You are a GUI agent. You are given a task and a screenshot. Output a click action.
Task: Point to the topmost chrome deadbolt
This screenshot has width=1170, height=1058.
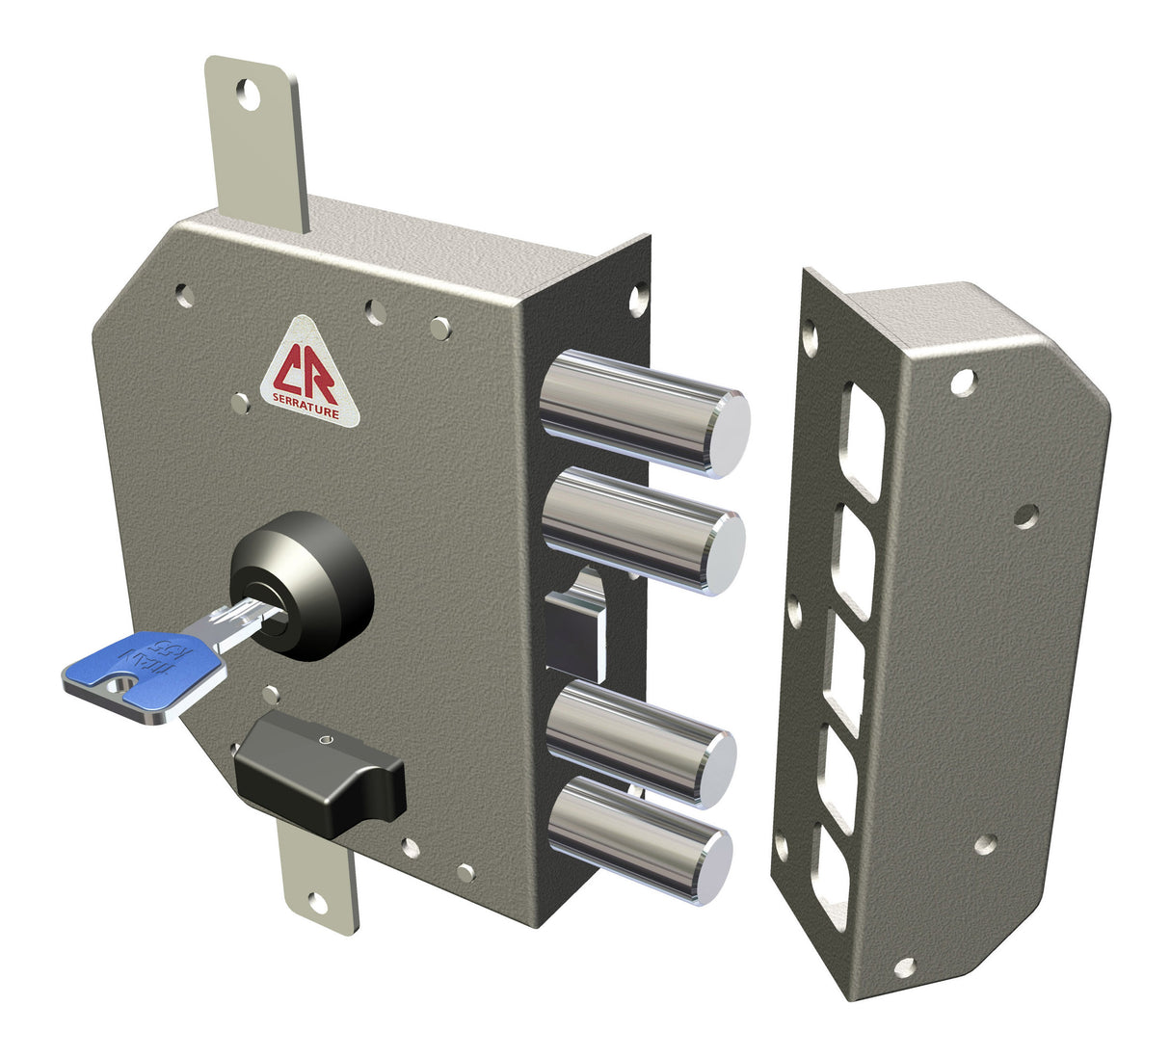point(643,411)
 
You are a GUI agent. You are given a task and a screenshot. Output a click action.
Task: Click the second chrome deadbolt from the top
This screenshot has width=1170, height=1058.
point(643,529)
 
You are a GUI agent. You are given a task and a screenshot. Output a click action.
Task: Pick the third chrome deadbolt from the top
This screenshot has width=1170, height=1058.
point(641,741)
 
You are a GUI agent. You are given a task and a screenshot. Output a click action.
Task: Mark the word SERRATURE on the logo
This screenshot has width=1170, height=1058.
point(306,410)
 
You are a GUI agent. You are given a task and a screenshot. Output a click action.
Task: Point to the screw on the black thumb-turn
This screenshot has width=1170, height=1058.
point(323,740)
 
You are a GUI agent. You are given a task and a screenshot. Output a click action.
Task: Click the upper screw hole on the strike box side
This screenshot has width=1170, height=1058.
point(961,383)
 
